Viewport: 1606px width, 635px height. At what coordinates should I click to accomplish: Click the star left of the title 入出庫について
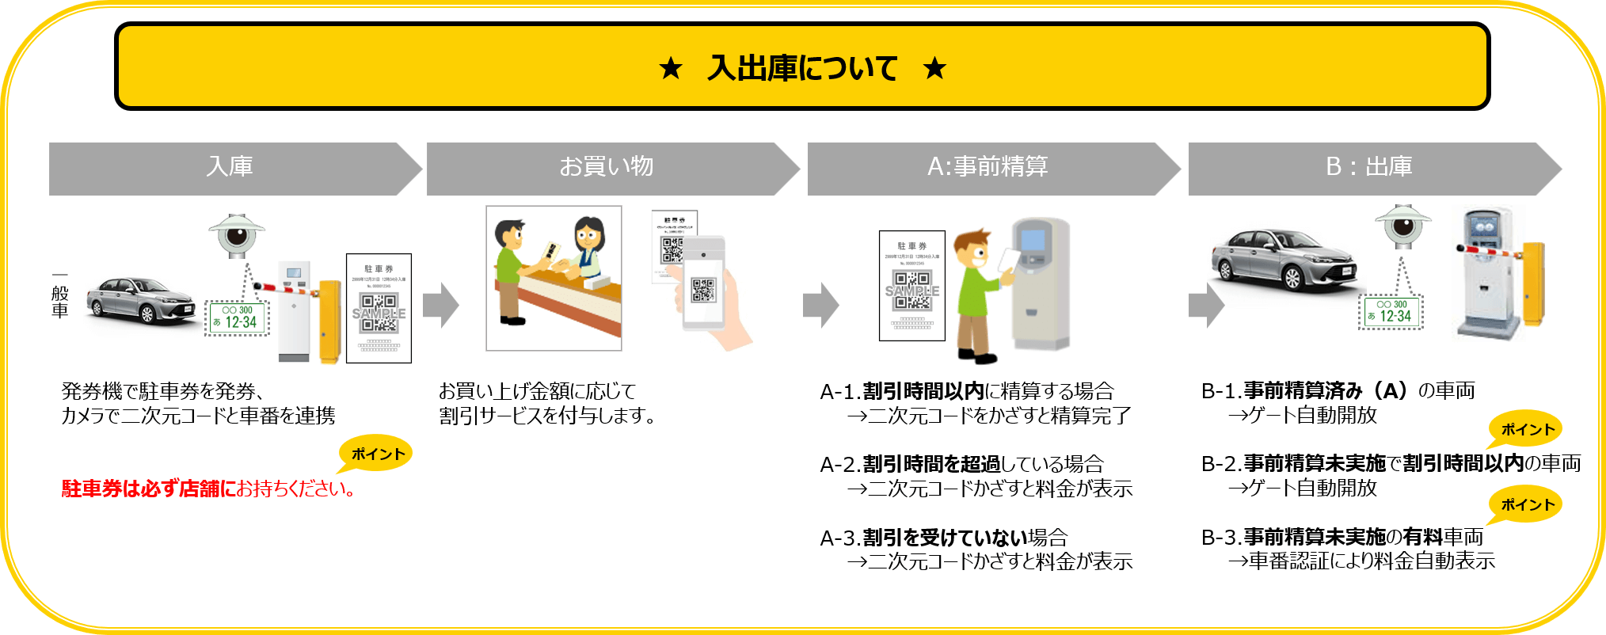(671, 68)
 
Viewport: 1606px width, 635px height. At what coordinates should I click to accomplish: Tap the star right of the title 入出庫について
(934, 68)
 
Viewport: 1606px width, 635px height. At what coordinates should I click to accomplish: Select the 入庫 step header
(230, 167)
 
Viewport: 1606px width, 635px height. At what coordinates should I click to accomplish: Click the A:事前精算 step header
(988, 167)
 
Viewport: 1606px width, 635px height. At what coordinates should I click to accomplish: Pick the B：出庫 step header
(1369, 167)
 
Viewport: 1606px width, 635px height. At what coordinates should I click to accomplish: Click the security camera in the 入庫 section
(236, 234)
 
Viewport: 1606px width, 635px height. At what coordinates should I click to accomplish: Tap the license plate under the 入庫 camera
(238, 317)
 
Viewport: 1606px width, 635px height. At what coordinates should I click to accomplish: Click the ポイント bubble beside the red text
(377, 454)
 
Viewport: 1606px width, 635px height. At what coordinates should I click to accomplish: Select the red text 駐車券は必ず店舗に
(149, 489)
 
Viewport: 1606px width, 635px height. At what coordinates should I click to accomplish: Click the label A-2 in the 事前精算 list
(839, 464)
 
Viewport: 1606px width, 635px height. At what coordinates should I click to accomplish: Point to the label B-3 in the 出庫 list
(1220, 538)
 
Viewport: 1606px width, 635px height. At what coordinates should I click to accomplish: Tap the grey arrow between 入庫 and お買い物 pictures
(441, 305)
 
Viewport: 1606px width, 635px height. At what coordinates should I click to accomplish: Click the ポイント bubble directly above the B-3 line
(1526, 504)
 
